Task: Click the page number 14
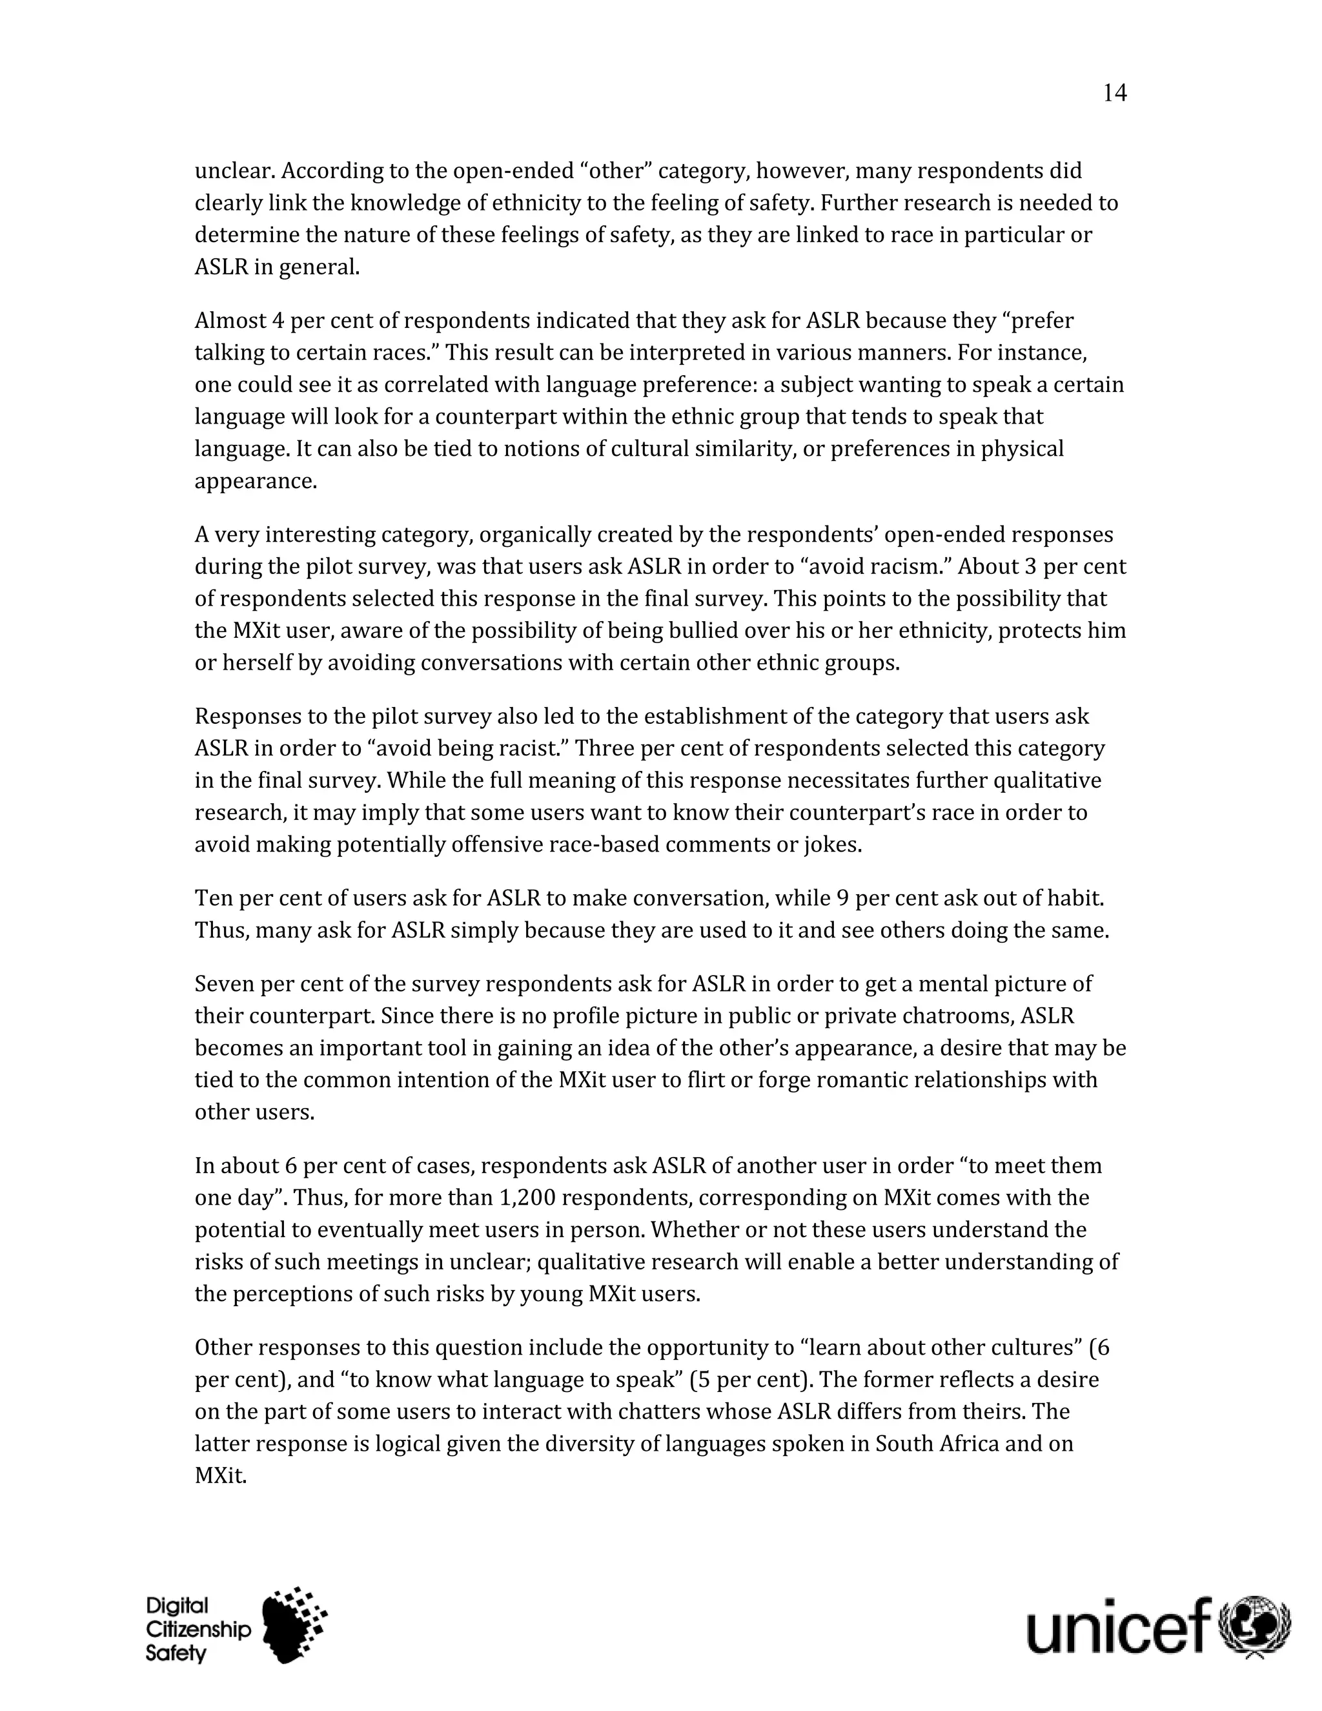point(1114,93)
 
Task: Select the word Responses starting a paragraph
point(247,717)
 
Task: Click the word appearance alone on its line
point(256,481)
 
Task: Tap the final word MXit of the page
point(220,1476)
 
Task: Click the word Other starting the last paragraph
point(223,1347)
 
